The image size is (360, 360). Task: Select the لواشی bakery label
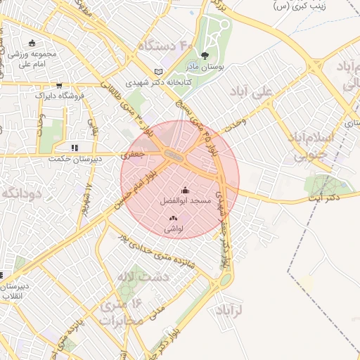173,229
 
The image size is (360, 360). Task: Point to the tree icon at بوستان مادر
205,54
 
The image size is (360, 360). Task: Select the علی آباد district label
252,91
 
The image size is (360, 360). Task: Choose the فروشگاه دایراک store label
60,95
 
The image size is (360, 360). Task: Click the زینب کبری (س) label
302,6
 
